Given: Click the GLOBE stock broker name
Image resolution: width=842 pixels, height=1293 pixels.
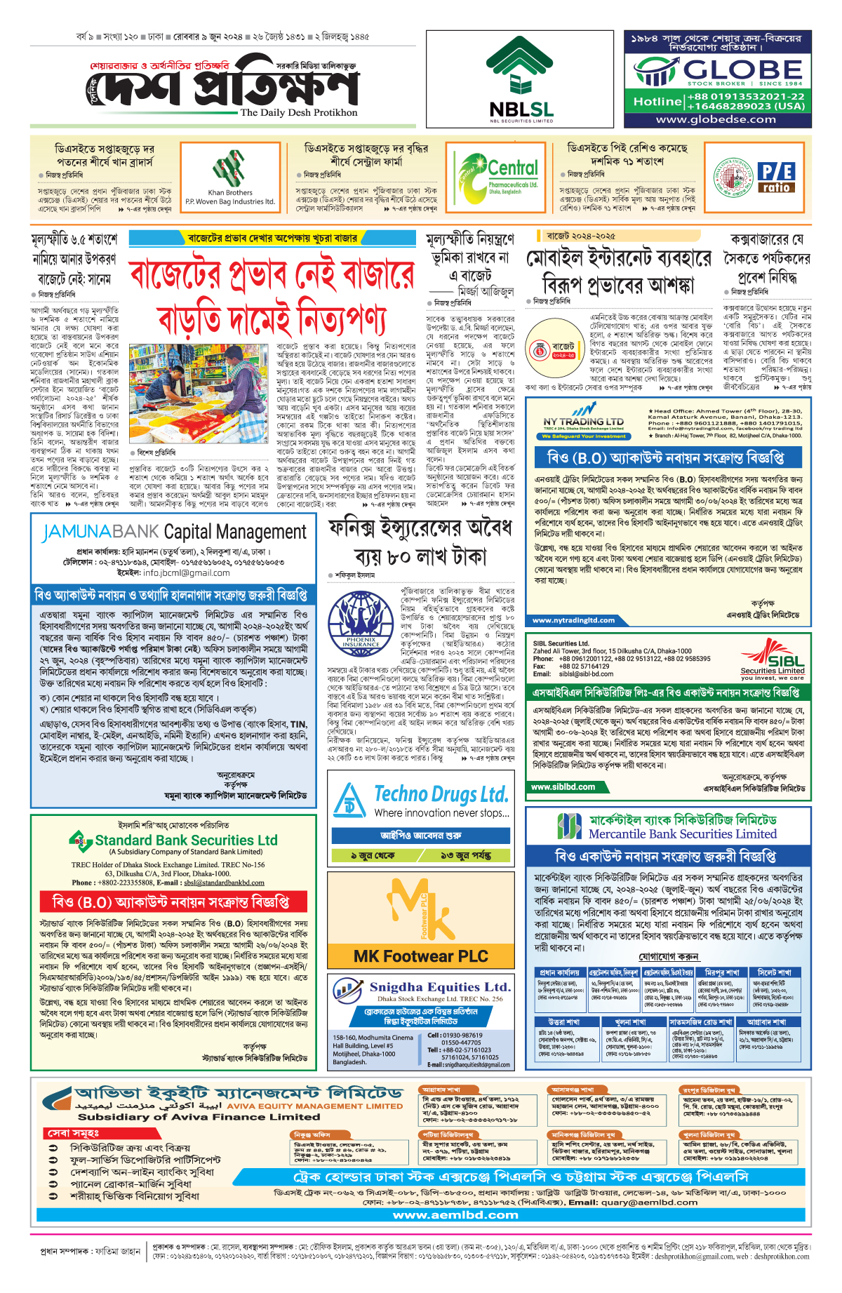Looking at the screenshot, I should point(742,70).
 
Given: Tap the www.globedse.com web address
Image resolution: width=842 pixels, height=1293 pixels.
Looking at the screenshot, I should point(716,119).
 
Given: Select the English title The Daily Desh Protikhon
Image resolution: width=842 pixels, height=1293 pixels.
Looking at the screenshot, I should point(298,112).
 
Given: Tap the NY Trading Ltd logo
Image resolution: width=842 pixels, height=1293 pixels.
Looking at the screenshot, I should point(583,421).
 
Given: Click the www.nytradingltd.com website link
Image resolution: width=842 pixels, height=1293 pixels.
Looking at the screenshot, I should point(573,620).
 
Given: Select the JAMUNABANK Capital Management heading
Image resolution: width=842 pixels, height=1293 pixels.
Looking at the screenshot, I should point(174,532).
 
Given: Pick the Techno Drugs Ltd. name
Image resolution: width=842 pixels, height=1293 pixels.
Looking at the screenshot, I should point(441,794).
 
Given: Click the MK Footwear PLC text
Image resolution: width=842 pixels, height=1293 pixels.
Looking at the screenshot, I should point(420,956).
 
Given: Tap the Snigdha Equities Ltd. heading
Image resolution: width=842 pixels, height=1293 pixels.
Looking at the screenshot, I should point(440,987).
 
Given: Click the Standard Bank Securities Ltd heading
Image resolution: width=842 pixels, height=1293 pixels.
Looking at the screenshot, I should point(186,840).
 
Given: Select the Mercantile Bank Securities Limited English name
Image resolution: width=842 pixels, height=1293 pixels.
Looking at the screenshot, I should point(682,834).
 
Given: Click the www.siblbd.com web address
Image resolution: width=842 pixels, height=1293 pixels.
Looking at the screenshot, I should point(563,787).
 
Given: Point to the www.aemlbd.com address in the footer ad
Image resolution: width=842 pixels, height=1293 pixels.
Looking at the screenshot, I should point(455,1214).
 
